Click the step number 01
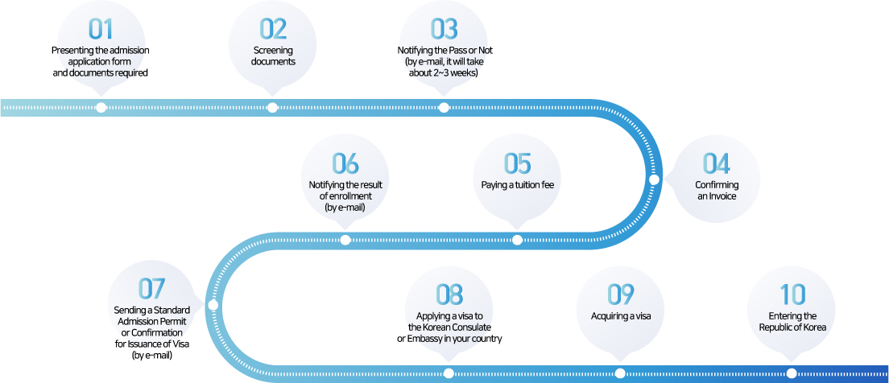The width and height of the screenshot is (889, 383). click(101, 30)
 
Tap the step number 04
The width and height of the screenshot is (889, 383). click(717, 163)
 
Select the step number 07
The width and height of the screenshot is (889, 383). click(151, 289)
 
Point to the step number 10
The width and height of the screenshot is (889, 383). click(792, 294)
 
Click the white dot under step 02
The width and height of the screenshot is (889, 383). click(272, 108)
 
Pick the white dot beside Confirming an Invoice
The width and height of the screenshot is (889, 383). click(654, 179)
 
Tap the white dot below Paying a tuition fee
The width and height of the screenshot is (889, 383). click(517, 240)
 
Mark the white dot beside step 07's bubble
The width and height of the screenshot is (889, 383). click(213, 306)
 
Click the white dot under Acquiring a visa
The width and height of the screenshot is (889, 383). click(620, 373)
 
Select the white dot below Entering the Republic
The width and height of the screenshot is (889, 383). click(792, 373)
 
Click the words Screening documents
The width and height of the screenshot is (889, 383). click(273, 56)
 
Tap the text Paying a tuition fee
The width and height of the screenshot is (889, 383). click(517, 185)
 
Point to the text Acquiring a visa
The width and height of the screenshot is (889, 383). click(620, 316)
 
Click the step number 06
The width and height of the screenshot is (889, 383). click(345, 163)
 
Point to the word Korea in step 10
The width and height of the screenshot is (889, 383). click(815, 327)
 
